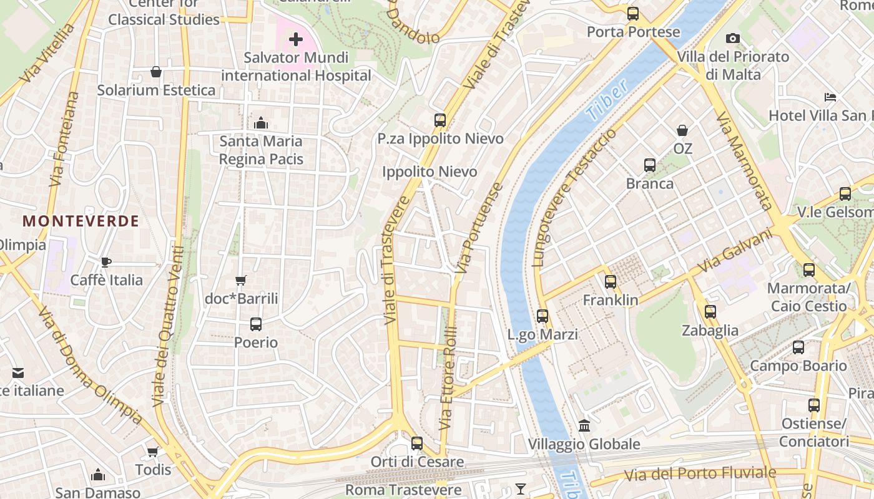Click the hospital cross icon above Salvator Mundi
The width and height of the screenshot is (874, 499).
(296, 40)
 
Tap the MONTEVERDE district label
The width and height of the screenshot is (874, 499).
(81, 221)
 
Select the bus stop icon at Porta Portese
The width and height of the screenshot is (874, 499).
(633, 14)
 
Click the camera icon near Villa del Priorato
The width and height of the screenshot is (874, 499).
(733, 39)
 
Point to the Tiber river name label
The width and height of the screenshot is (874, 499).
(607, 100)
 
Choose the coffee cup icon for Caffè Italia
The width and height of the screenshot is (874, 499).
(106, 262)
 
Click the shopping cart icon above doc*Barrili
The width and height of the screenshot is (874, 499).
(241, 281)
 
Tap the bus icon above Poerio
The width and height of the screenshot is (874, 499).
(256, 324)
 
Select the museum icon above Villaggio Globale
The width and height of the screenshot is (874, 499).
(584, 426)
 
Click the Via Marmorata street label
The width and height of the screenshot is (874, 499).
(744, 160)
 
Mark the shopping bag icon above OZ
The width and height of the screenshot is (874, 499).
(682, 130)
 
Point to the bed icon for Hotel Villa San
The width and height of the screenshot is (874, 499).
(830, 97)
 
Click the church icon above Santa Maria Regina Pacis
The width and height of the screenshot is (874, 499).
(261, 123)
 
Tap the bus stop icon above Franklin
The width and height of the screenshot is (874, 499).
(611, 282)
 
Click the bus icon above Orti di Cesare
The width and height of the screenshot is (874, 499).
(417, 443)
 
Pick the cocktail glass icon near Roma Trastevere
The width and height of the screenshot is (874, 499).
(521, 488)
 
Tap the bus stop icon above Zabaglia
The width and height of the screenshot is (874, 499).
(710, 312)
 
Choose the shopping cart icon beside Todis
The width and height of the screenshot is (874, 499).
(153, 452)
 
